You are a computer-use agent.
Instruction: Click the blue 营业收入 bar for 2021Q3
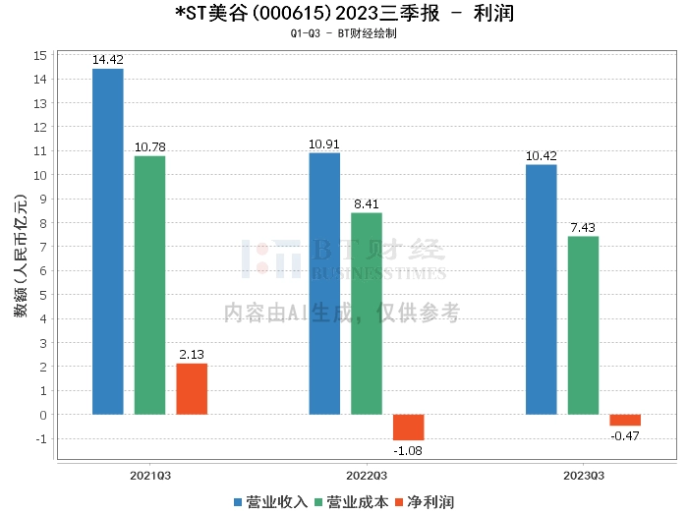coord(107,241)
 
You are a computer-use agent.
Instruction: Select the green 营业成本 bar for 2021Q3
coord(149,285)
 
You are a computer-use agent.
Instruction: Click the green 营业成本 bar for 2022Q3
coord(367,314)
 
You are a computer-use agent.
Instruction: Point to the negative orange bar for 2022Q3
coord(409,427)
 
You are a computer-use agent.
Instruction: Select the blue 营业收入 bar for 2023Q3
coord(541,289)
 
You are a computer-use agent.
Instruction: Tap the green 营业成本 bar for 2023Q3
coord(583,325)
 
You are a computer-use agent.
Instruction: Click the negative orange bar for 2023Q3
coord(625,420)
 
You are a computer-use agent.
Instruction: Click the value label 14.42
coord(107,60)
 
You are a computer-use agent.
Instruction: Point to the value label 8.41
coord(367,204)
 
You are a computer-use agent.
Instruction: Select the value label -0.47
coord(625,435)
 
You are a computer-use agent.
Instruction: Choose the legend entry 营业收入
coord(270,502)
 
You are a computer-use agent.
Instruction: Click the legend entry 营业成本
coord(350,502)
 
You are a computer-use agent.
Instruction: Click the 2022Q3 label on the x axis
coord(367,475)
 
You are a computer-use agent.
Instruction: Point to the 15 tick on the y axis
coord(41,55)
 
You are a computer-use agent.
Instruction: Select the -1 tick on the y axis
coord(41,438)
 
